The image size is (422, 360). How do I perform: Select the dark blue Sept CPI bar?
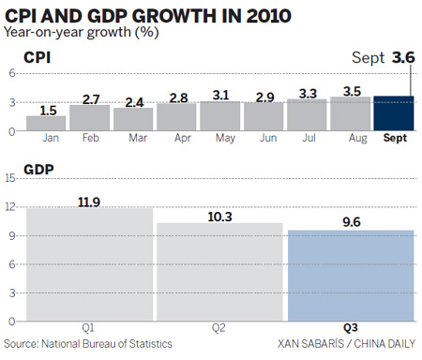(394, 113)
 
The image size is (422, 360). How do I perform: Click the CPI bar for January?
(46, 123)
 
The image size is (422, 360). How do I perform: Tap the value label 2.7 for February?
(90, 97)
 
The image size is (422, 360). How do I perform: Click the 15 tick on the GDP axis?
(10, 177)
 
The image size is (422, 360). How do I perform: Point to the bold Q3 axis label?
(351, 328)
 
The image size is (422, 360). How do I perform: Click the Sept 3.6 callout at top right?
(384, 58)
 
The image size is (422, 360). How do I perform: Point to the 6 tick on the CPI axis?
(12, 73)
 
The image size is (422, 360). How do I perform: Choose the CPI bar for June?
(264, 116)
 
